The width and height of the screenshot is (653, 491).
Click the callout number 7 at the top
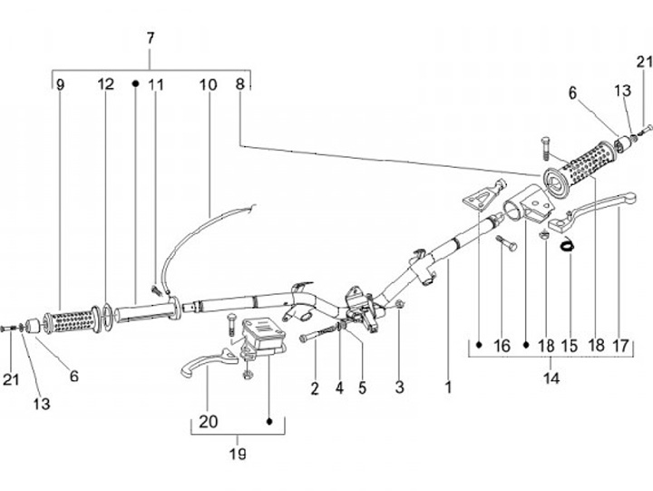coord(151,38)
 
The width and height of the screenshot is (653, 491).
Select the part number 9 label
coord(60,84)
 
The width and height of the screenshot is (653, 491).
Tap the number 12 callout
coord(106,84)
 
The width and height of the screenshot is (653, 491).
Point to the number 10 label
coord(209,84)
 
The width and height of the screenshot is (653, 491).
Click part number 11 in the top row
coord(157,84)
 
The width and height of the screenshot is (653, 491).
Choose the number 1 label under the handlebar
coord(448,388)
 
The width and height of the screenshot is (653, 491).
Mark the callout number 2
coord(315,388)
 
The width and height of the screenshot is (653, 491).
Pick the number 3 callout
coord(399,388)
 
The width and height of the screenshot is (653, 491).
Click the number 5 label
coord(362,388)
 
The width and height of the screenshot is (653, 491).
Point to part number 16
coord(502,346)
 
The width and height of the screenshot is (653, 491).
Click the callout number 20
coord(207,421)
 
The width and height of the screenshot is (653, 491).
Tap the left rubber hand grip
coord(69,320)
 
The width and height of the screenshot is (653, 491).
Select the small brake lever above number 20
coord(204,362)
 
